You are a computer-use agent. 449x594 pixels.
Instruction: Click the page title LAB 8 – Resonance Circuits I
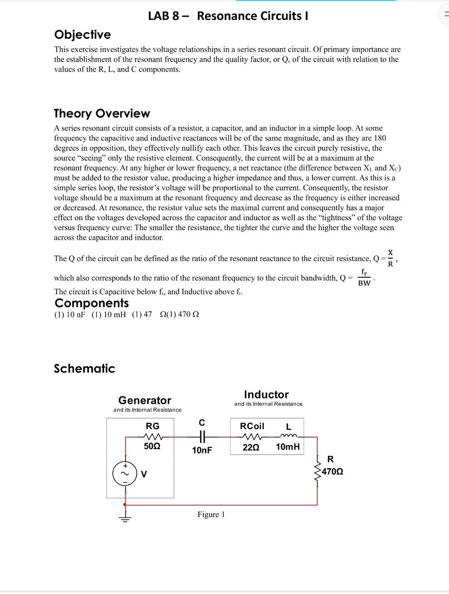click(228, 16)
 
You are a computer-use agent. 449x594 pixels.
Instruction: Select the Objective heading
click(83, 35)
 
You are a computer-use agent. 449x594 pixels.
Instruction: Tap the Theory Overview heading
click(102, 113)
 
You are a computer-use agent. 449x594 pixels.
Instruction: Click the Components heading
click(91, 303)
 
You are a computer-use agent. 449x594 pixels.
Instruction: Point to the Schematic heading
click(84, 368)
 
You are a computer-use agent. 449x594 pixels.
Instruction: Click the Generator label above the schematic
click(145, 400)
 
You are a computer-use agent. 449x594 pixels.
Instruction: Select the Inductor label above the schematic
click(266, 394)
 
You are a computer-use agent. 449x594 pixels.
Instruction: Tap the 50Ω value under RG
click(152, 446)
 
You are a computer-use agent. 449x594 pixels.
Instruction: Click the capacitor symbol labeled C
click(202, 437)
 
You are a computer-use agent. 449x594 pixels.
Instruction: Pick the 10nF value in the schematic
click(202, 450)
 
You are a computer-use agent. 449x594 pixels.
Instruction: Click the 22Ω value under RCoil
click(251, 447)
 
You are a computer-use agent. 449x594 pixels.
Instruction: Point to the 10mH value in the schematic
click(288, 447)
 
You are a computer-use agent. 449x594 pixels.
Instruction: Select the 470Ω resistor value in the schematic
click(332, 472)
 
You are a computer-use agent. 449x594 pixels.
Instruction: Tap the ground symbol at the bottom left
click(125, 517)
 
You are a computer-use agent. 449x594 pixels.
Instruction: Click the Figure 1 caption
click(211, 514)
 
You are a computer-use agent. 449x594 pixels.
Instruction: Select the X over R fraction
click(390, 258)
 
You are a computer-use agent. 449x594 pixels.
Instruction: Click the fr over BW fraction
click(364, 278)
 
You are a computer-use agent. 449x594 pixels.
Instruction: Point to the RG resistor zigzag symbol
click(153, 437)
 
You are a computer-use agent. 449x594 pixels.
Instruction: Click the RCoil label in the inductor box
click(252, 426)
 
